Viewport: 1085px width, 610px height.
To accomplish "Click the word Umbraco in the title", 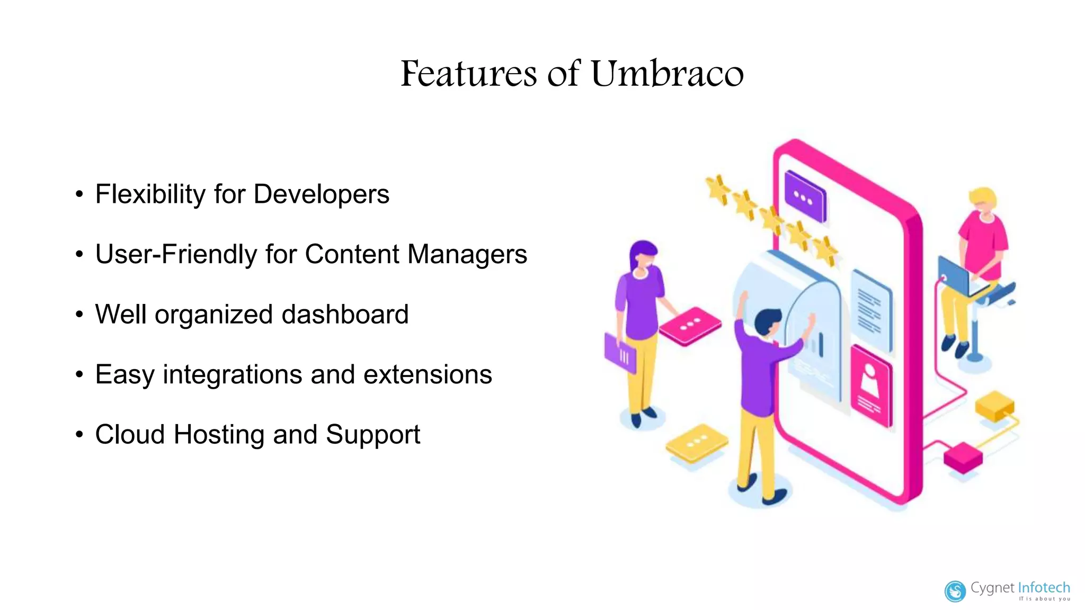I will pyautogui.click(x=667, y=74).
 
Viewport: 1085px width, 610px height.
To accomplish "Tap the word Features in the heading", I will pyautogui.click(x=469, y=74).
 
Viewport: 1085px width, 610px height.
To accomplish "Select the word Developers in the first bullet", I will pyautogui.click(x=322, y=194).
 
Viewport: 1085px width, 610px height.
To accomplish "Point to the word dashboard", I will pyautogui.click(x=345, y=314).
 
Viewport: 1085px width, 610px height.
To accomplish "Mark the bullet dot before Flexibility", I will pyautogui.click(x=79, y=194).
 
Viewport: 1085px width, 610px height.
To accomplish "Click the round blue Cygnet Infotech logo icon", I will pyautogui.click(x=955, y=591).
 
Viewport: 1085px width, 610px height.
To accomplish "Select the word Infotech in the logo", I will pyautogui.click(x=1044, y=588).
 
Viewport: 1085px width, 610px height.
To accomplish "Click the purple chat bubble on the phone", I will pyautogui.click(x=805, y=196).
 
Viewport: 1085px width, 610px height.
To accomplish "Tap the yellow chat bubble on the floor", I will pyautogui.click(x=696, y=443).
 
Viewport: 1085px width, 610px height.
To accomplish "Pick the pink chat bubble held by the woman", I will pyautogui.click(x=690, y=326).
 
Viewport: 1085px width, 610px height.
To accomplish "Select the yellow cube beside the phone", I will pyautogui.click(x=994, y=406).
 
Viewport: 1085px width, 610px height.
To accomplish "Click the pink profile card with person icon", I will pyautogui.click(x=871, y=385).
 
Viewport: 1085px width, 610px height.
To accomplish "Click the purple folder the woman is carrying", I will pyautogui.click(x=620, y=354).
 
